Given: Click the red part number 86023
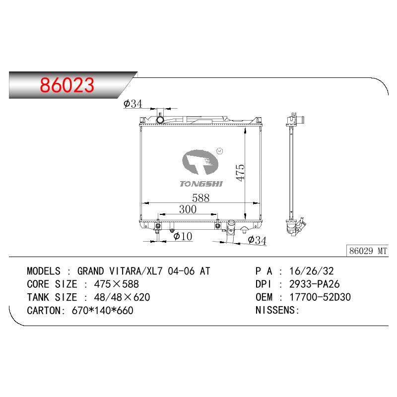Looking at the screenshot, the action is [x=67, y=85].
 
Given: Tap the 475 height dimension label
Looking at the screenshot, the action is [x=240, y=172].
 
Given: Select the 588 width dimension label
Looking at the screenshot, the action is [x=201, y=198].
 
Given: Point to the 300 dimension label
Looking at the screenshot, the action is [x=188, y=209].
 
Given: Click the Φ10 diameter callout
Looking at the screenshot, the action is [x=183, y=236].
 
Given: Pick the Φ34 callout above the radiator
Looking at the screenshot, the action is [x=133, y=104].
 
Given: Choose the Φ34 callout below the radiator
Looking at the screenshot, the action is [x=257, y=240].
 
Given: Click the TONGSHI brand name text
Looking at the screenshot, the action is [x=201, y=184].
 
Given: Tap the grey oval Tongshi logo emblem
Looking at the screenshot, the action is [x=200, y=162].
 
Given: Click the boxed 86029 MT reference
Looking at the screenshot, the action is [x=368, y=251].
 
